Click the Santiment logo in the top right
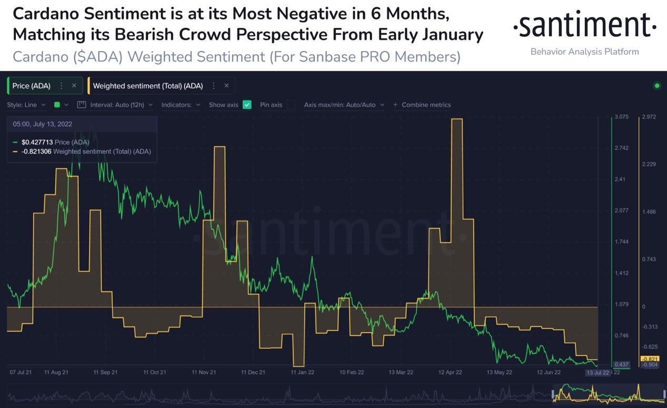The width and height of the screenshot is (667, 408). tap(584, 25)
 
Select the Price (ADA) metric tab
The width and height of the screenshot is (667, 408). tap(31, 86)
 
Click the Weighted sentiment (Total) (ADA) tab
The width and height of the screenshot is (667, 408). tap(147, 86)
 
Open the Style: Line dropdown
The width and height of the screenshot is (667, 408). tap(26, 105)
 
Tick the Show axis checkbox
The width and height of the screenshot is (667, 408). tap(247, 105)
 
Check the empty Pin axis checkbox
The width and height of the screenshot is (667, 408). tap(291, 105)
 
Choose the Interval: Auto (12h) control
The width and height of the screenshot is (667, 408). tap(116, 105)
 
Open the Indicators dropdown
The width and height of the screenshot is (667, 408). tap(181, 105)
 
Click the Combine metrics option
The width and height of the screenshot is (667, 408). tap(426, 105)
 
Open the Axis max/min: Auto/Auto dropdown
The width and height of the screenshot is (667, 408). tap(344, 105)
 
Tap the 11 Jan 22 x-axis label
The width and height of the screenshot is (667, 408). tap(302, 372)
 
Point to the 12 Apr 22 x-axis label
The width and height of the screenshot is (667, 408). tap(450, 372)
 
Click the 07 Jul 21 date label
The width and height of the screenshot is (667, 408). tap(21, 372)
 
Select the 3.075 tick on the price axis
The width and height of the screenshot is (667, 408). tap(621, 117)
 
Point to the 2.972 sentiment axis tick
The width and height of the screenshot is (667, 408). tap(649, 117)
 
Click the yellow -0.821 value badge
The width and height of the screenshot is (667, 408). tap(650, 359)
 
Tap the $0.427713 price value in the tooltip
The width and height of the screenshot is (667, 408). tap(37, 142)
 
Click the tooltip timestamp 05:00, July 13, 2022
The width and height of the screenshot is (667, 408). tap(43, 124)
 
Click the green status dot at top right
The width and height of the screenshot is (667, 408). tap(656, 86)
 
